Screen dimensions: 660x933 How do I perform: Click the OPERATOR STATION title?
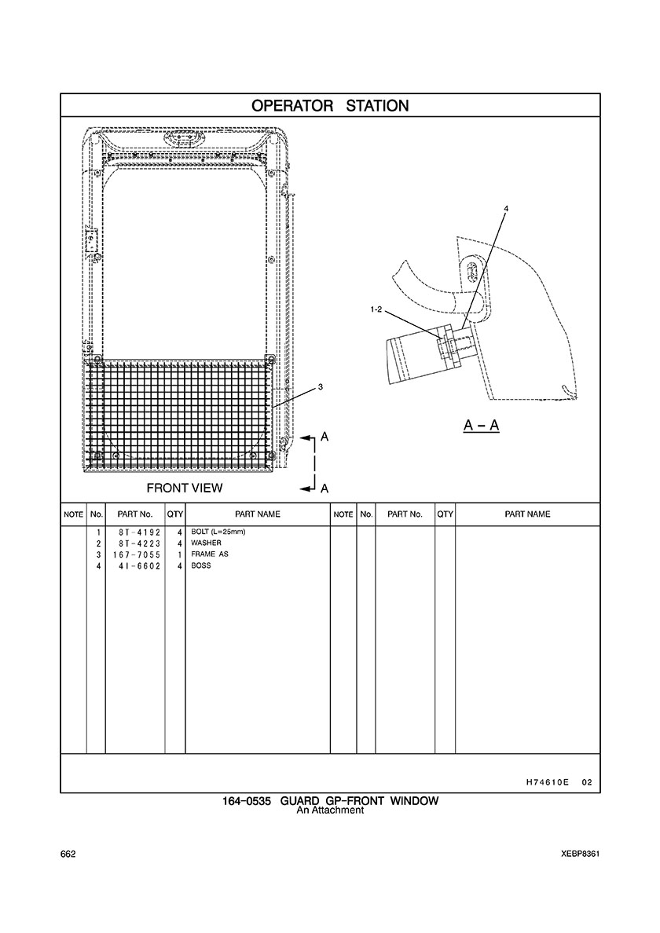[x=330, y=106]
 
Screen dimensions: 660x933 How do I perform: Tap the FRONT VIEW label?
[x=185, y=488]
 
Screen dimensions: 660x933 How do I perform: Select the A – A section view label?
[x=482, y=426]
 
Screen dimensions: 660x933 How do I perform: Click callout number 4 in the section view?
[x=507, y=209]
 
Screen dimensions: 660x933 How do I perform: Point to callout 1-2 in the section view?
[x=376, y=309]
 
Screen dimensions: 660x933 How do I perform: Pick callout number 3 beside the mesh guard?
[x=321, y=387]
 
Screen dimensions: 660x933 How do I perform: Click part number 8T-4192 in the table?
[x=136, y=532]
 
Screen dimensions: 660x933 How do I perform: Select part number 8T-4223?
[x=136, y=543]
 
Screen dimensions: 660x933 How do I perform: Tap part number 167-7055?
[x=136, y=554]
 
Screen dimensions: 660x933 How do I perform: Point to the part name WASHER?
[x=206, y=543]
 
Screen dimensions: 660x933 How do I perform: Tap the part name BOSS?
[x=200, y=565]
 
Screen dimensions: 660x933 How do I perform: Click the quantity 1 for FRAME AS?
[x=179, y=554]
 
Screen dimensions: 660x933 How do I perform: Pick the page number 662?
[x=68, y=854]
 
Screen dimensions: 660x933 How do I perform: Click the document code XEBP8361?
[x=580, y=854]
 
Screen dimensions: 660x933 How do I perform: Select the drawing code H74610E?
[x=544, y=783]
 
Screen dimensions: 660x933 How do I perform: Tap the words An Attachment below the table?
[x=330, y=810]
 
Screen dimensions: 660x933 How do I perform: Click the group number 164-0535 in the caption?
[x=247, y=801]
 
